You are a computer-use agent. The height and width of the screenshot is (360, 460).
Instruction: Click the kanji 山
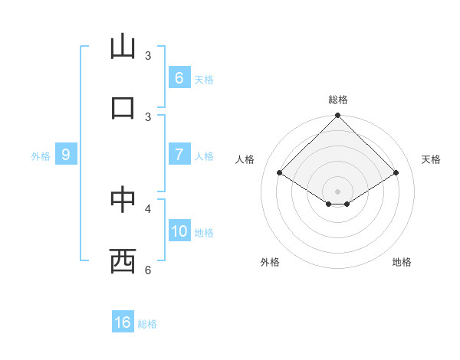pos(123,47)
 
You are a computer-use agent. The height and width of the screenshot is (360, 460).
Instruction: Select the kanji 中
pos(123,198)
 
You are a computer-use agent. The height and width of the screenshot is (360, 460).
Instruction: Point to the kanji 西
pos(123,260)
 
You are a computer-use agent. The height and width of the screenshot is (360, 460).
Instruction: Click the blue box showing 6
pos(179,77)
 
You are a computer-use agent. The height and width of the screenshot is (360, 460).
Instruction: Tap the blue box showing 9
pos(66,155)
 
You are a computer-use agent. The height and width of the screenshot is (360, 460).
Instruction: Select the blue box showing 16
pos(123,322)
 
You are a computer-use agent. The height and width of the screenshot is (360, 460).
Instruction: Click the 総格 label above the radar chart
pos(338,100)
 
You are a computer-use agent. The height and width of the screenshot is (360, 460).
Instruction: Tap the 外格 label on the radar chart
pos(270,263)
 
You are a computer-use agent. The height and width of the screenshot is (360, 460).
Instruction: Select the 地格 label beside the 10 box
pos(204,233)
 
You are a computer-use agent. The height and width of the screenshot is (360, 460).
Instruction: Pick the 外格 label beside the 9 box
pos(41,156)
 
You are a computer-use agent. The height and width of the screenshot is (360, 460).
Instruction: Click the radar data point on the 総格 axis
pos(337,116)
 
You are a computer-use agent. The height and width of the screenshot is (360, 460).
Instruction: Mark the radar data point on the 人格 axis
pos(280,173)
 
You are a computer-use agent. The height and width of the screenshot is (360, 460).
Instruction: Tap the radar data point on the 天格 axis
pos(396,173)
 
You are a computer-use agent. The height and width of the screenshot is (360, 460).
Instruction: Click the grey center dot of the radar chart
pos(337,191)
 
